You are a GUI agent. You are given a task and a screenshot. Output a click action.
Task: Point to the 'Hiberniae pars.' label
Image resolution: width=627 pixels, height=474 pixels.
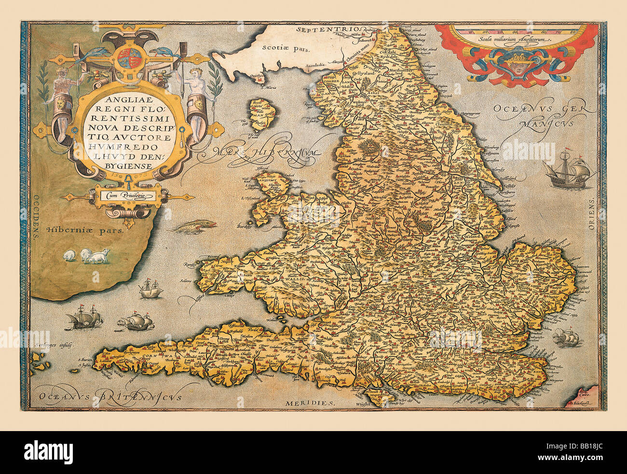(x=85, y=230)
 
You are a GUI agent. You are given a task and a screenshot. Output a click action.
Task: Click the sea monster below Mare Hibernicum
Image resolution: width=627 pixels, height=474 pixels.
(x=193, y=226)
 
